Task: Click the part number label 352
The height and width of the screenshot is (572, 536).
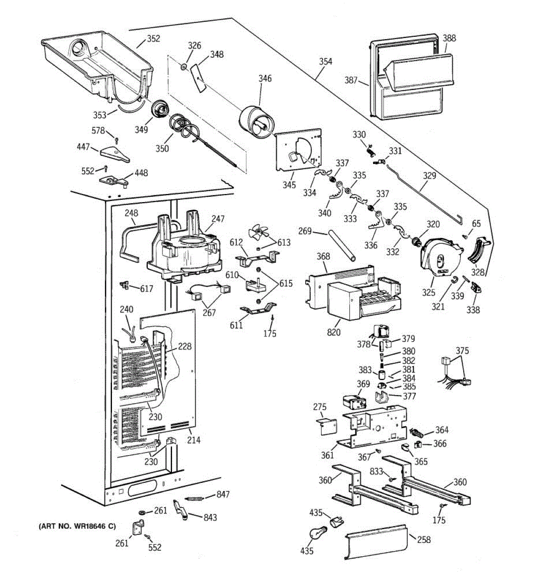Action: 153,39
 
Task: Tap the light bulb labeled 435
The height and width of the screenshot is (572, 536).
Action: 319,535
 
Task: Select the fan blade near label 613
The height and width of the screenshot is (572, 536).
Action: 258,231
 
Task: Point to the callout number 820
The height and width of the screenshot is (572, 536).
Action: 334,332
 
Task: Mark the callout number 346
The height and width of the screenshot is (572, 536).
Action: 265,78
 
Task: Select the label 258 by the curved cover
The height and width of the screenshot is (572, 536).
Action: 424,540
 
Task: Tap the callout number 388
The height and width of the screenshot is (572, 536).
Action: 449,38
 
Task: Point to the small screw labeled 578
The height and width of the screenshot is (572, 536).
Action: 117,140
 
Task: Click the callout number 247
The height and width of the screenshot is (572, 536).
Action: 218,219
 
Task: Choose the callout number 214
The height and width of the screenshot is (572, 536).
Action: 193,440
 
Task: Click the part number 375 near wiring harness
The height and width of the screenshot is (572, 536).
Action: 462,351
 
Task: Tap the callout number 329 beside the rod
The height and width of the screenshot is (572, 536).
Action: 429,176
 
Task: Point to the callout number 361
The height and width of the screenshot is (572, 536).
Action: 327,455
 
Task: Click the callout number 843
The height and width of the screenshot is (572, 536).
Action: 210,518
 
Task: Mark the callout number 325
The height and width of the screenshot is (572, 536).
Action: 429,293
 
